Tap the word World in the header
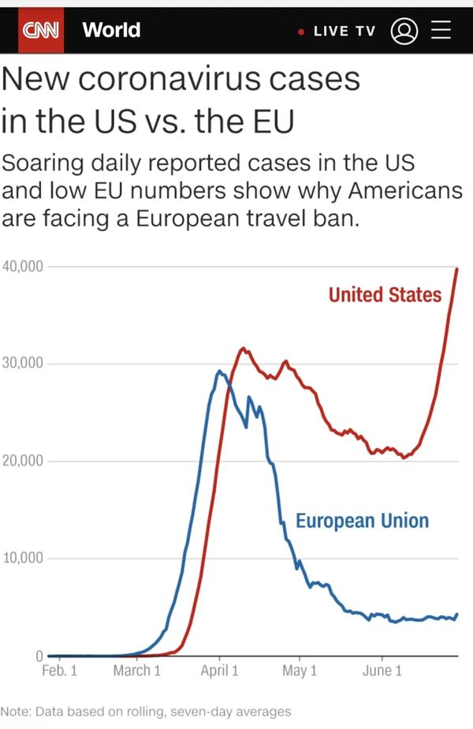tap(111, 30)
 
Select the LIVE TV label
tap(344, 31)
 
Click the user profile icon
tap(404, 31)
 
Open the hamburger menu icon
tap(441, 31)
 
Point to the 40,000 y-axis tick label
tap(23, 266)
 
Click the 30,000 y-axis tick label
tap(23, 364)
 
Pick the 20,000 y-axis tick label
tap(23, 461)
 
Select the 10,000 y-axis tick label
tap(23, 559)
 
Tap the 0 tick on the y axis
tap(38, 656)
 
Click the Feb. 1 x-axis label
tap(59, 671)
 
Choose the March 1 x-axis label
tap(136, 671)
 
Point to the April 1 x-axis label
tap(219, 671)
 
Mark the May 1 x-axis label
tap(300, 671)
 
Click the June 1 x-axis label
tap(382, 671)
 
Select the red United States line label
tap(385, 295)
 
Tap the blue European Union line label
tap(362, 521)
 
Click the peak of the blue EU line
tap(219, 371)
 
